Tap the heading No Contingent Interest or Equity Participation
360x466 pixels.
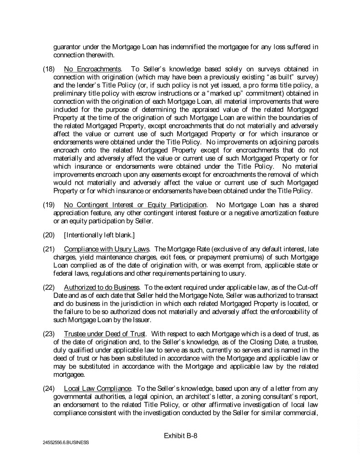[135, 205]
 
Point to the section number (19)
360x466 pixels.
[49, 205]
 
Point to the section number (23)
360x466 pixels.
[49, 320]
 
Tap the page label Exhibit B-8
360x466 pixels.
[180, 436]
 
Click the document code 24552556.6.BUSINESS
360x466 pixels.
[66, 442]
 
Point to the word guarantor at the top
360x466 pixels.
[67, 47]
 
